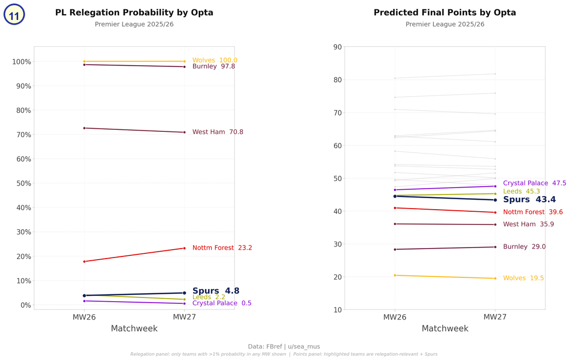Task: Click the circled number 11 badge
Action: [x=14, y=15]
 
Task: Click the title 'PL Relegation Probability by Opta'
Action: [x=134, y=13]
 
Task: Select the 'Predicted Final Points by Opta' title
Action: [x=444, y=13]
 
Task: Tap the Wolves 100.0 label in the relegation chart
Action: [x=215, y=60]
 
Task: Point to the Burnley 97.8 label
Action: [x=214, y=67]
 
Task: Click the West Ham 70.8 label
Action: [x=218, y=132]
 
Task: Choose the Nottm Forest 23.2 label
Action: [x=222, y=248]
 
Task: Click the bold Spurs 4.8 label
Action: [x=216, y=291]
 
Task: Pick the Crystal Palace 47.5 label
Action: [x=534, y=183]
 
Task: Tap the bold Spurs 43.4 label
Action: [x=529, y=200]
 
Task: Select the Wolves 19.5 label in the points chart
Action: [x=523, y=279]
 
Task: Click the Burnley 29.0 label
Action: [x=524, y=247]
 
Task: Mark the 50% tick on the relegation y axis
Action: [x=21, y=183]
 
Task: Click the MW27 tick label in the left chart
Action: [x=184, y=317]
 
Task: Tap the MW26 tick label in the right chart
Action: [x=395, y=317]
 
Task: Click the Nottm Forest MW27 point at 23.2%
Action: [x=184, y=248]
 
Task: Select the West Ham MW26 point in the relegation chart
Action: [x=84, y=128]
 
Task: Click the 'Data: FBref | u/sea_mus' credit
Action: [x=284, y=347]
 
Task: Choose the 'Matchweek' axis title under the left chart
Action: [x=134, y=329]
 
